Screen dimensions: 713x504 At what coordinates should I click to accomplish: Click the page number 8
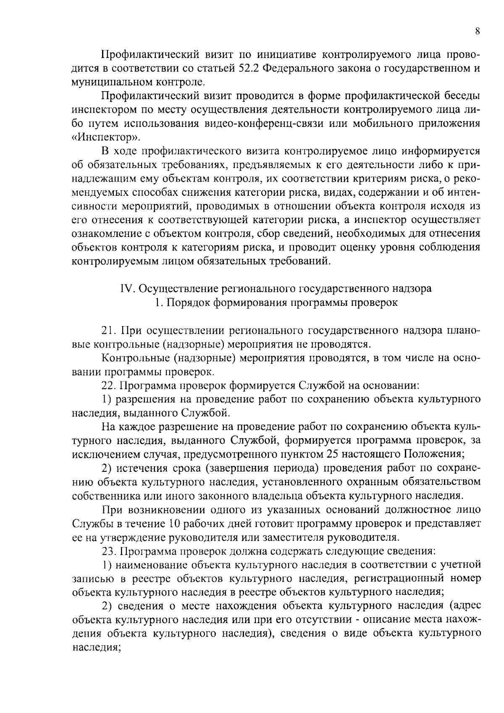point(478,31)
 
